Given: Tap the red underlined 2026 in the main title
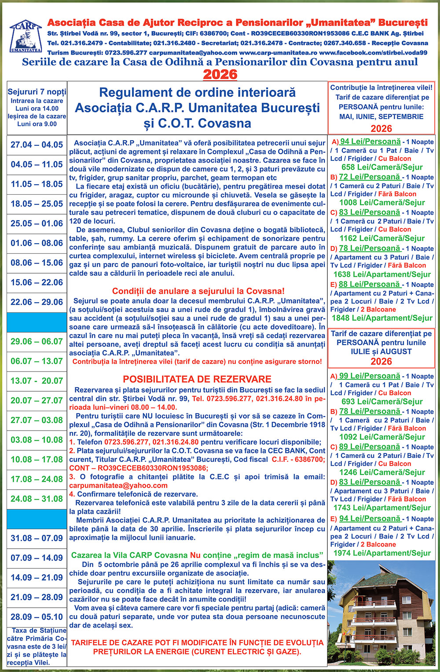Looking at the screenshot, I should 220,74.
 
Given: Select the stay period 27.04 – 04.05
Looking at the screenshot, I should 37,145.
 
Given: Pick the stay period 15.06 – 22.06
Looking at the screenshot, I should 37,282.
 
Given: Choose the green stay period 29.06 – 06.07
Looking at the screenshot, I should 37,342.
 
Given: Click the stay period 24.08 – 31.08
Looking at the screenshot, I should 37,499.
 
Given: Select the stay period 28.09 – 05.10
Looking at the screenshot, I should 37,617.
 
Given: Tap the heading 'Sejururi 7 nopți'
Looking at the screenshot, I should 37,92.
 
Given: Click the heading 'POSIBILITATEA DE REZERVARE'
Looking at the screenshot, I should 197,379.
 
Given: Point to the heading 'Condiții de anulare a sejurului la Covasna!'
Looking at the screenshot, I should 198,291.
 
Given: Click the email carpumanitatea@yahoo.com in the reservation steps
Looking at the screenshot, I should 118,485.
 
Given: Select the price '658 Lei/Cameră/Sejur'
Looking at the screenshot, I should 382,167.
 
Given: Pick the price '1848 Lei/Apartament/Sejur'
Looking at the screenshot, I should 382,318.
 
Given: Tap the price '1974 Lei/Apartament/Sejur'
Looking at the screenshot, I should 382,553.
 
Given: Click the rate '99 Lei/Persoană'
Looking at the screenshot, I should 370,376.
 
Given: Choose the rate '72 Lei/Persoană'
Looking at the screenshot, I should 370,177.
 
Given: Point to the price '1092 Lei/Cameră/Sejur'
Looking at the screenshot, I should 382,437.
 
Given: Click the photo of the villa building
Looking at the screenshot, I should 382,615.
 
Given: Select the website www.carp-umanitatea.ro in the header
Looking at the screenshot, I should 278,52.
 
